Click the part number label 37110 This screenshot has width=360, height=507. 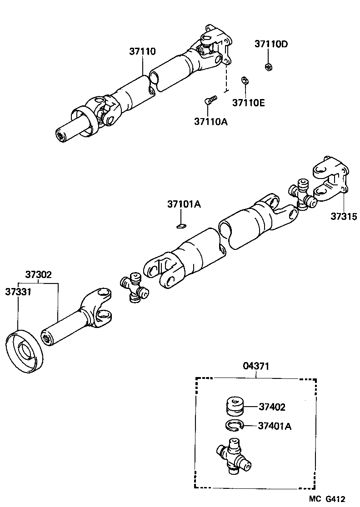[142, 52]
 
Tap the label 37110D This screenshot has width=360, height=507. [271, 44]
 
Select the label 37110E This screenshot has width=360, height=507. [248, 103]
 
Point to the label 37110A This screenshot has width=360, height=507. [210, 121]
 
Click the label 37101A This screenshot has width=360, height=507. [184, 204]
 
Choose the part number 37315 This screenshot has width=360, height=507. [344, 216]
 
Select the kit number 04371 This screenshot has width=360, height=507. [255, 366]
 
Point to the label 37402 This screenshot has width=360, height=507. [272, 407]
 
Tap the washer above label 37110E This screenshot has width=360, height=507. [245, 80]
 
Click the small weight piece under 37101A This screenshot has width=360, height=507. [181, 224]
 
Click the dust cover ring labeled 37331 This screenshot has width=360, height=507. [25, 352]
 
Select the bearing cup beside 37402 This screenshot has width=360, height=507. [235, 406]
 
